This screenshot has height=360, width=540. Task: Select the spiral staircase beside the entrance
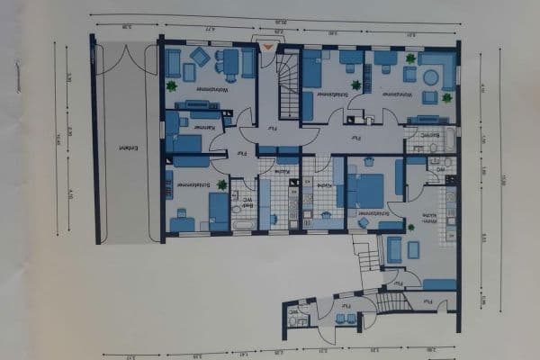coord(288,85)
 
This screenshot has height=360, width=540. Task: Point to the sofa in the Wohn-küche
coord(393,248)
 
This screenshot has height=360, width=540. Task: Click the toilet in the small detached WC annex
coord(293,317)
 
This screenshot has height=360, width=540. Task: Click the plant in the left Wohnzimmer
coord(171,86)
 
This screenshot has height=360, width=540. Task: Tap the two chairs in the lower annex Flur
coord(344,318)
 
